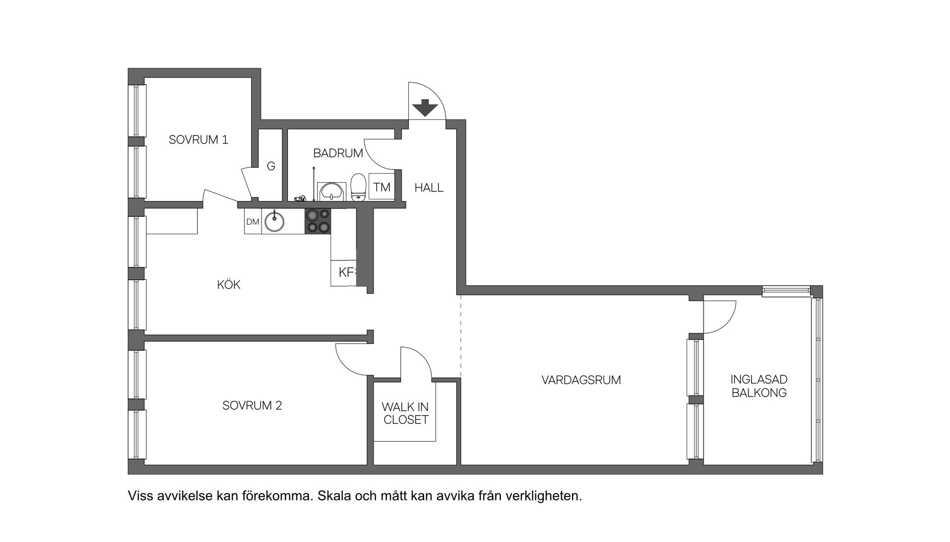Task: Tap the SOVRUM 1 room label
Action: point(198,140)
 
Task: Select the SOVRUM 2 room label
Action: point(252,405)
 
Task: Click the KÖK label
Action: point(229,285)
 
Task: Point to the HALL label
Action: point(429,188)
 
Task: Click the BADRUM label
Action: point(338,153)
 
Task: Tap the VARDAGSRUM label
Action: point(581,380)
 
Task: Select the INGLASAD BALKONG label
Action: point(759,386)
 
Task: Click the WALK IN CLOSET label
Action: point(405,413)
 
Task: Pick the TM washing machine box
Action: point(381,187)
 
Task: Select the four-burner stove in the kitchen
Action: point(318,221)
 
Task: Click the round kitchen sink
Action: point(274,221)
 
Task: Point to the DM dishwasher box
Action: point(252,222)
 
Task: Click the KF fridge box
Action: point(346,272)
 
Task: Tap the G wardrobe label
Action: point(271,166)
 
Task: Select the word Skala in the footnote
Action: point(334,495)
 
